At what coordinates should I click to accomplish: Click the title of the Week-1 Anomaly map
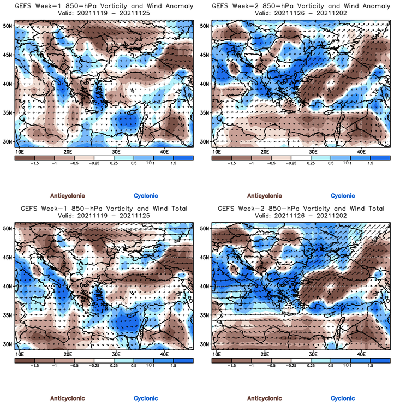pyautogui.click(x=104, y=6)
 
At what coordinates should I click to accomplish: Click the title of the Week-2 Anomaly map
pyautogui.click(x=300, y=6)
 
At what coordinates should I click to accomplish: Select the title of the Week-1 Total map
pyautogui.click(x=104, y=209)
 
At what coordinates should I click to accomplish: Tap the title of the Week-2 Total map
pyautogui.click(x=300, y=209)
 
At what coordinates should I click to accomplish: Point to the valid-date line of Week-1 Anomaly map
pyautogui.click(x=104, y=13)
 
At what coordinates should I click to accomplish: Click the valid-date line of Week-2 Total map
pyautogui.click(x=300, y=216)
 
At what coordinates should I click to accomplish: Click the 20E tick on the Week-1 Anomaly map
pyautogui.click(x=68, y=151)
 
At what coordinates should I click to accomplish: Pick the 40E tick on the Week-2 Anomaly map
pyautogui.click(x=361, y=151)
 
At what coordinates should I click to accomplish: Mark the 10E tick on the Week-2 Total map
pyautogui.click(x=217, y=354)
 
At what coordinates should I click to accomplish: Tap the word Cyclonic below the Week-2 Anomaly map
pyautogui.click(x=343, y=196)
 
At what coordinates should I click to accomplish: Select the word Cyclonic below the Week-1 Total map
pyautogui.click(x=146, y=398)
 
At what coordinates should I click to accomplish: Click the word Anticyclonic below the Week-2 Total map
pyautogui.click(x=265, y=398)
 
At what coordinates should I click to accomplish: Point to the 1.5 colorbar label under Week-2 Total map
pyautogui.click(x=370, y=366)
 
